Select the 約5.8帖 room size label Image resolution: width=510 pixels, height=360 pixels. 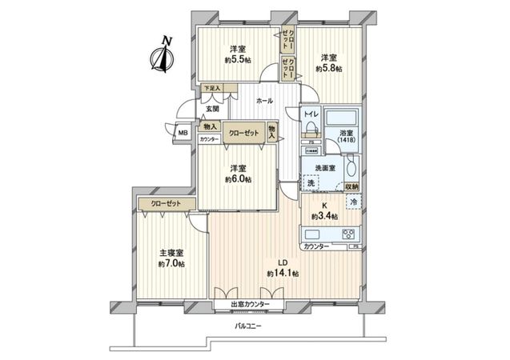(328, 69)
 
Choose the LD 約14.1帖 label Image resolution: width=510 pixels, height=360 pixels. (283, 268)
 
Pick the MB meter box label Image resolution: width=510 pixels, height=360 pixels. (183, 134)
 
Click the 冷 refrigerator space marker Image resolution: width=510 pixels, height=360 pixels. (354, 203)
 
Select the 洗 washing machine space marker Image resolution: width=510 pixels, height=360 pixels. (311, 184)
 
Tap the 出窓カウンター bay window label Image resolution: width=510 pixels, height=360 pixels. (250, 306)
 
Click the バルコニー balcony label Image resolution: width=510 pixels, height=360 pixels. (251, 326)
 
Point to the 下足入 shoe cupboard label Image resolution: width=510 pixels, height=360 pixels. (211, 88)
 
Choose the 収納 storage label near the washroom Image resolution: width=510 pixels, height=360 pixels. (351, 186)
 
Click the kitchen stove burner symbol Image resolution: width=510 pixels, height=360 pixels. (349, 234)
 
